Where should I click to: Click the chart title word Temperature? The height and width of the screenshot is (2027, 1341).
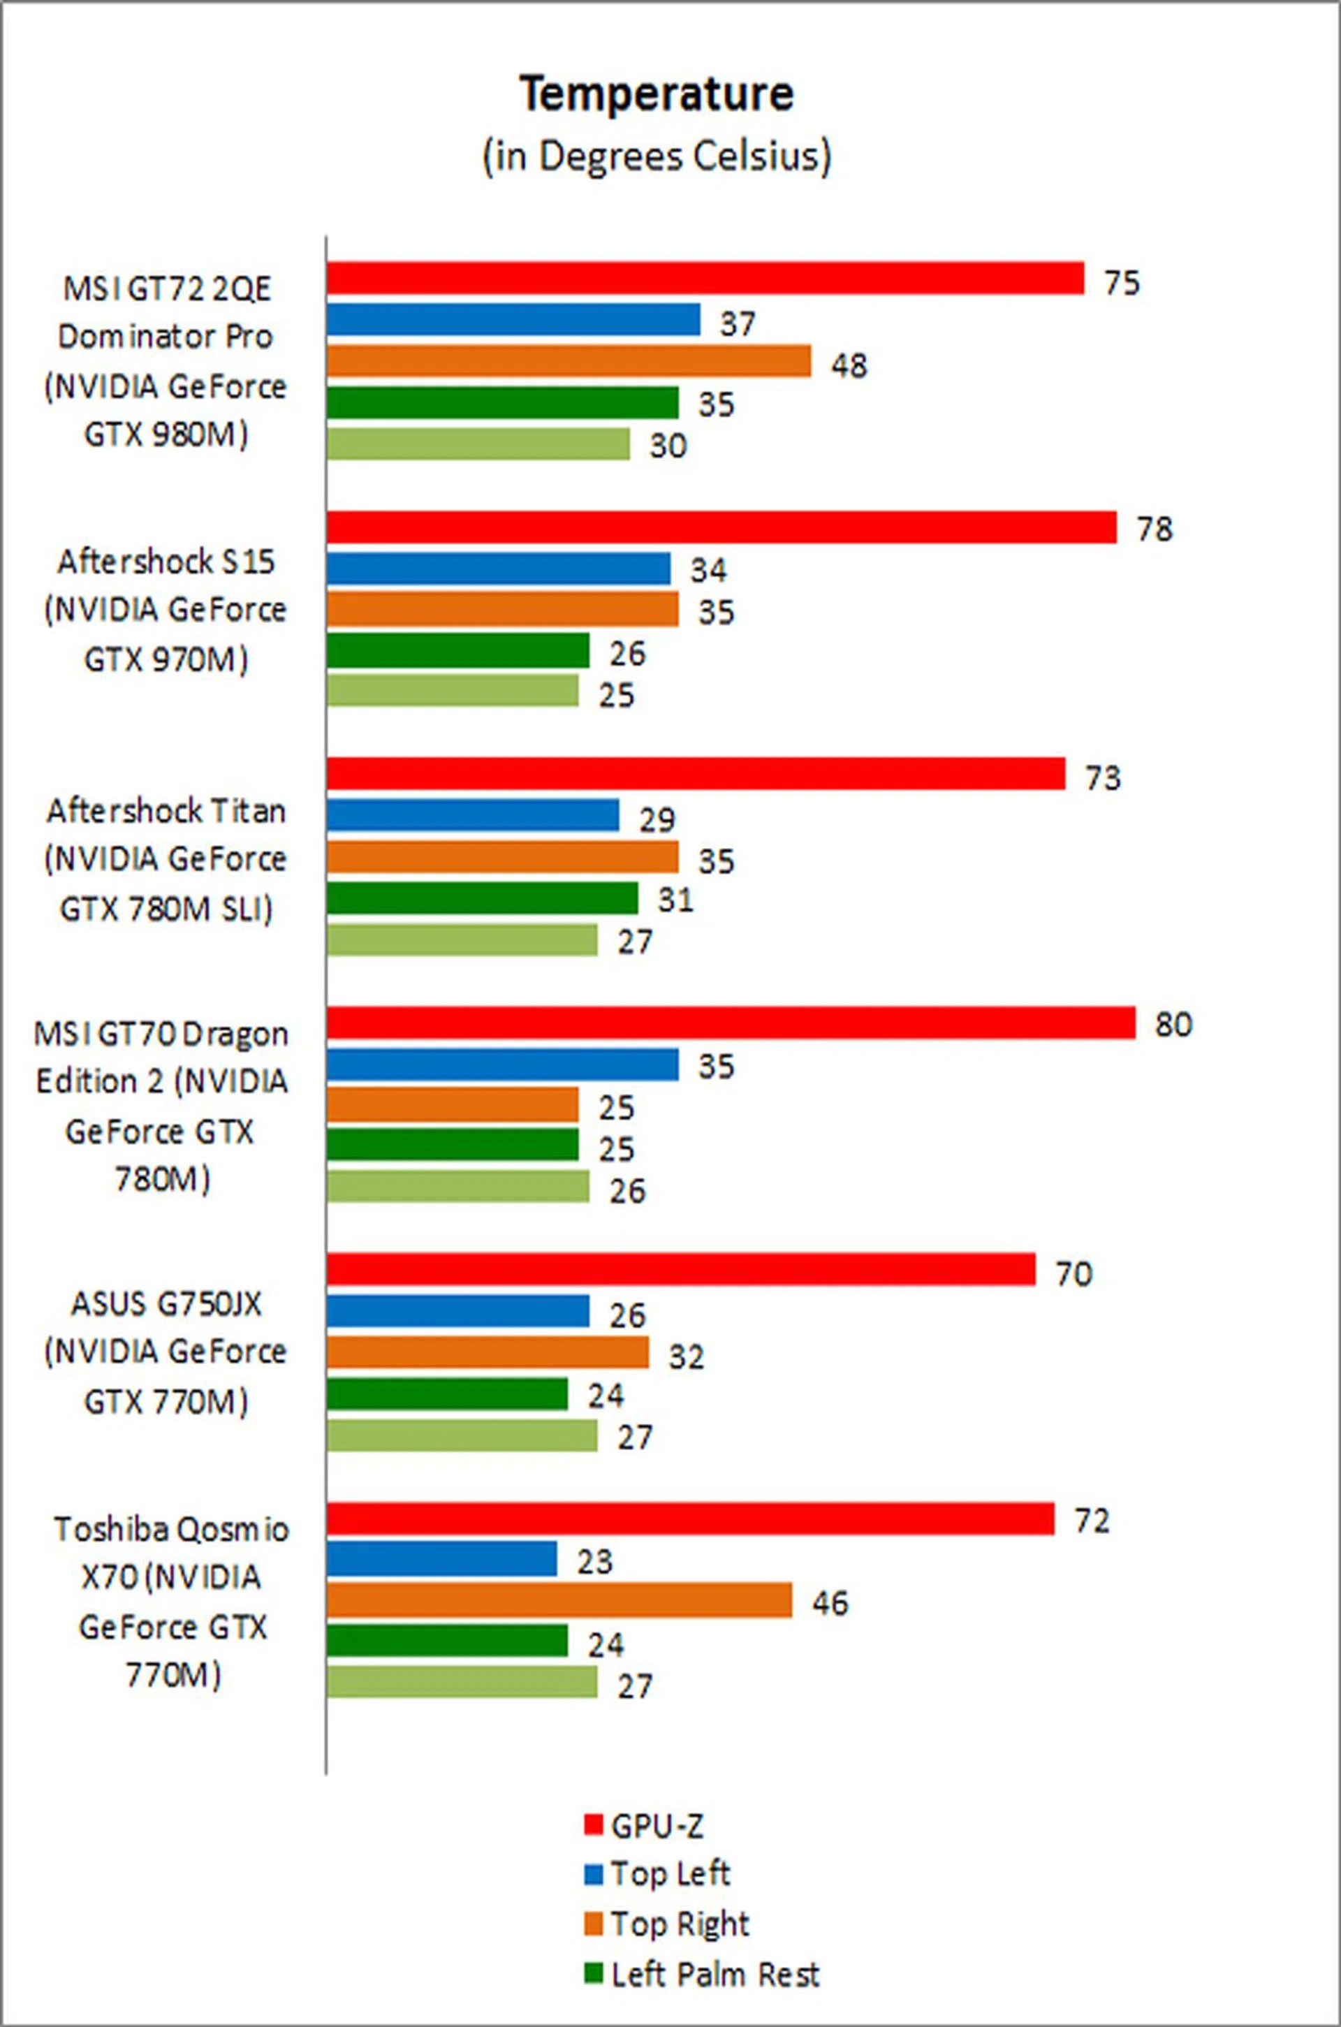pos(657,94)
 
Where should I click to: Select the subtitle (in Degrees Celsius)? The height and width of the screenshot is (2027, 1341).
pos(657,156)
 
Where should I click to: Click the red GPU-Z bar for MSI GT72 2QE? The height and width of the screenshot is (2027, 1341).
pos(705,279)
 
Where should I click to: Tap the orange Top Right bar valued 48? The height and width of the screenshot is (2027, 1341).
pos(568,361)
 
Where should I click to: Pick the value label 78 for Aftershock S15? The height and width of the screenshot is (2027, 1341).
pos(1154,529)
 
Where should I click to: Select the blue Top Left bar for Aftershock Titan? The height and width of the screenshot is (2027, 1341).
pos(472,815)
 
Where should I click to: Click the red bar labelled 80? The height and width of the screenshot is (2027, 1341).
pos(731,1023)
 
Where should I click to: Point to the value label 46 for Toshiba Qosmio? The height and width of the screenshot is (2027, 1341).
pos(830,1603)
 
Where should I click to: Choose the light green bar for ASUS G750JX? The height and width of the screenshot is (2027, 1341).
pos(462,1436)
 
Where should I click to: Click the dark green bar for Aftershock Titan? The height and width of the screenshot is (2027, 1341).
pos(481,898)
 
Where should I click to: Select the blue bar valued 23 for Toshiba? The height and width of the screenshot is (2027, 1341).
pos(441,1559)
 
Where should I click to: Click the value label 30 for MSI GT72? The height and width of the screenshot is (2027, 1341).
pos(667,446)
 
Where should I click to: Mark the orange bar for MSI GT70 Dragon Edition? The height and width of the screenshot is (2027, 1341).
pos(453,1105)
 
